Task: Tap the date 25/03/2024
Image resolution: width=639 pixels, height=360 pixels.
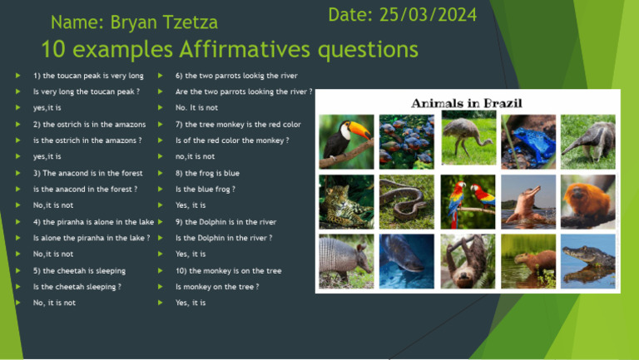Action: [403, 15]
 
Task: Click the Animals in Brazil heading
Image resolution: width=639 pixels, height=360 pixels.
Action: [467, 103]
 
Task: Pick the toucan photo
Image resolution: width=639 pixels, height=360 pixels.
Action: [346, 140]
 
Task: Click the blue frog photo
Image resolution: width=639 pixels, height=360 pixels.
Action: [528, 140]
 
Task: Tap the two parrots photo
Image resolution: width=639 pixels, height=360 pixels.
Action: [468, 201]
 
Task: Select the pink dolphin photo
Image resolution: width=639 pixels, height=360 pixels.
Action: [528, 201]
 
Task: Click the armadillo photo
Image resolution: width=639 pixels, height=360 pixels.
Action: [346, 261]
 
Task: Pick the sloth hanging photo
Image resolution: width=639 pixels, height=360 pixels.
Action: [468, 261]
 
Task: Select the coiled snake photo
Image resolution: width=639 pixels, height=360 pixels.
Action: [407, 201]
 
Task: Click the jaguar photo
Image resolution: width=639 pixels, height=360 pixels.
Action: [346, 201]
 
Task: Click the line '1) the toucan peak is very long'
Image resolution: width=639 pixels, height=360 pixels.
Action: [88, 76]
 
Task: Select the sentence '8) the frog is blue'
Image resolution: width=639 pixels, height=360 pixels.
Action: [207, 173]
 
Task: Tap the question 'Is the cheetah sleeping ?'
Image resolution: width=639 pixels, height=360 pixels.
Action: [77, 287]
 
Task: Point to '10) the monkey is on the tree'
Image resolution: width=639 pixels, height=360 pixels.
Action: [228, 271]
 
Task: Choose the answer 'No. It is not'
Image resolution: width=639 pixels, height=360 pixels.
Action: [196, 108]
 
